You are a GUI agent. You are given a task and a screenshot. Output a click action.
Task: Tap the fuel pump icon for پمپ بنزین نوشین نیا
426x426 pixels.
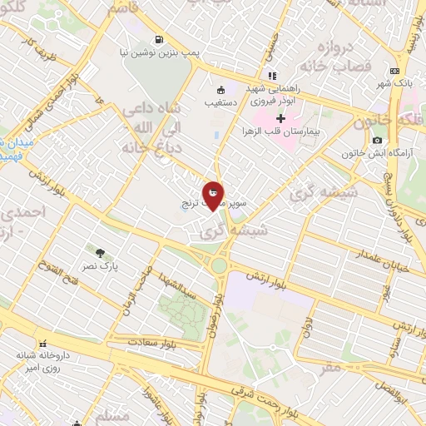(x=158, y=39)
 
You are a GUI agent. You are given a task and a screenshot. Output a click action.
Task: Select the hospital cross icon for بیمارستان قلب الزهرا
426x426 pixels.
(x=280, y=121)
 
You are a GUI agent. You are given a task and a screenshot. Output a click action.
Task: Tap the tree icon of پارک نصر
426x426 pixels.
(x=101, y=252)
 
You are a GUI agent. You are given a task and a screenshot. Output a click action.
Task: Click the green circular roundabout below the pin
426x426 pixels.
(x=220, y=266)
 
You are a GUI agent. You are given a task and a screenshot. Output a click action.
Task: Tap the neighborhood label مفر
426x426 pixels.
(x=333, y=366)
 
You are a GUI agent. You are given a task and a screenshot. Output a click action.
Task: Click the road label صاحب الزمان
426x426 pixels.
(x=136, y=287)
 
